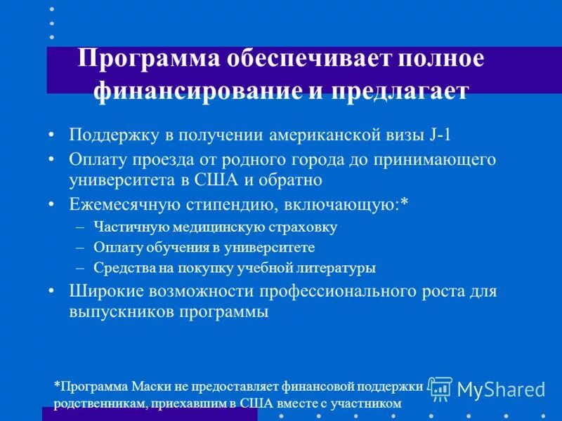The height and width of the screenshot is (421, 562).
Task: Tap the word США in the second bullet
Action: point(218,180)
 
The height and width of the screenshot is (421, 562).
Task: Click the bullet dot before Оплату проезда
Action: point(52,159)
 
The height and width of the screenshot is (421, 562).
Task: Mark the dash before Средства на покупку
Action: point(79,268)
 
